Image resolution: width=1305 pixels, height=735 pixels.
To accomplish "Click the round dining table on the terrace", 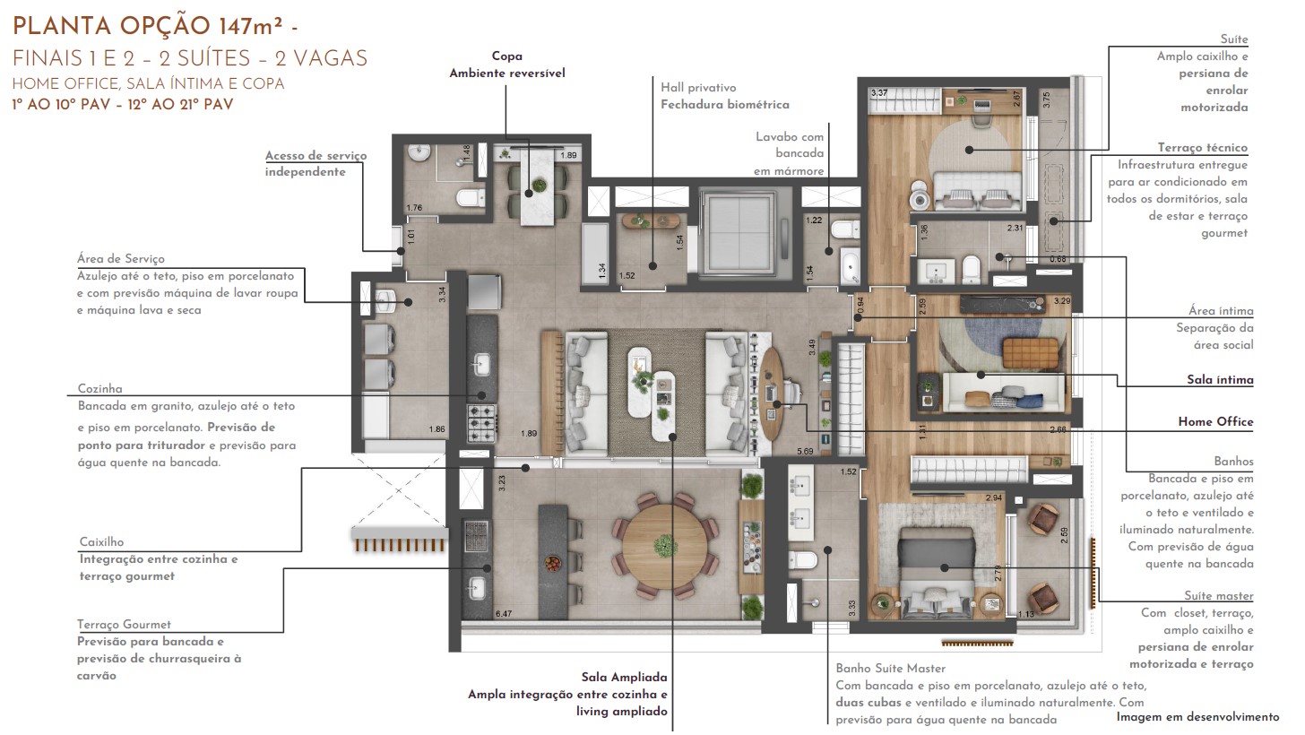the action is (x=665, y=546).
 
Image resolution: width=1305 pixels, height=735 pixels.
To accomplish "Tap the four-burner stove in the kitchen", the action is (x=482, y=422).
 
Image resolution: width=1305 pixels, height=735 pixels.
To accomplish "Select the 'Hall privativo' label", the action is (x=698, y=88).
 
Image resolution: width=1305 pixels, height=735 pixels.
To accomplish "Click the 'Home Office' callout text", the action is (x=1215, y=421).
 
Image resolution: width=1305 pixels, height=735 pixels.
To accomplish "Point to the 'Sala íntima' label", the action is (x=1220, y=380).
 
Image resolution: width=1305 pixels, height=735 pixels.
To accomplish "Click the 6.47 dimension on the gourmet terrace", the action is (x=504, y=614).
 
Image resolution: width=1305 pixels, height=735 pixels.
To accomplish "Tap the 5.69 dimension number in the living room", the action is (x=805, y=452).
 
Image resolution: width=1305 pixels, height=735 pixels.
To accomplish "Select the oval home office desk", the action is (x=771, y=394).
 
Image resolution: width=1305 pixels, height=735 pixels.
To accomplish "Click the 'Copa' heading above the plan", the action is (x=507, y=56).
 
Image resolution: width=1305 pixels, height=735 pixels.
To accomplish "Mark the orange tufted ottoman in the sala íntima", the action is (x=1030, y=353).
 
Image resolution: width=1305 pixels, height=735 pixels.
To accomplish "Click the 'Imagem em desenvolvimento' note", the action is (x=1197, y=717).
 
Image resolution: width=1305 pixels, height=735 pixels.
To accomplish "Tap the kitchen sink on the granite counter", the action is (x=481, y=366).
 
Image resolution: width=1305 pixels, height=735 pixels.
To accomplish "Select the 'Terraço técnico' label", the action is (x=1203, y=147).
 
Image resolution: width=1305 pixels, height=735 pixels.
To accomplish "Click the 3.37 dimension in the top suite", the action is (x=879, y=92).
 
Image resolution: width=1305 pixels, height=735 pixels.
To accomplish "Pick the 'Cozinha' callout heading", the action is (x=99, y=388).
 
